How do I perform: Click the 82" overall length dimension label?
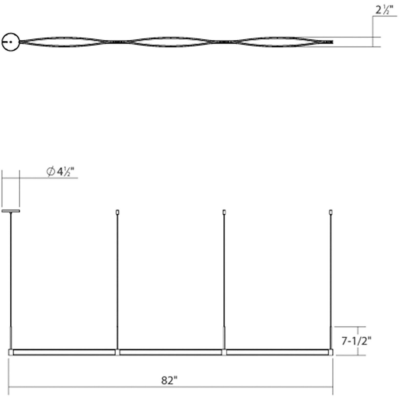coord(169,381)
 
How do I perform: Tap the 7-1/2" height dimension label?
coord(356,341)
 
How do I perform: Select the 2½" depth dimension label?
coord(384,10)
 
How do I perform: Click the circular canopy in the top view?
coord(10,42)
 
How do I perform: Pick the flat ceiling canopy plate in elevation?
coord(11,211)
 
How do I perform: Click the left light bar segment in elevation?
coord(64,352)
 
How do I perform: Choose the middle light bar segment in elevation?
coord(171,352)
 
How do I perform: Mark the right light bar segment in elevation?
coord(277,352)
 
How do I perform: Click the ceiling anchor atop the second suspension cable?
coord(117,212)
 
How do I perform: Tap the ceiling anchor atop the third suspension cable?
coord(224,212)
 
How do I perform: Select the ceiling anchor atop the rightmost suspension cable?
coord(331,212)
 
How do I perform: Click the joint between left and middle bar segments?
coord(117,352)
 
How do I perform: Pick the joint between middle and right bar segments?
coord(224,352)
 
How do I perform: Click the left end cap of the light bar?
coord(11,352)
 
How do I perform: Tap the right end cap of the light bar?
coord(331,352)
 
